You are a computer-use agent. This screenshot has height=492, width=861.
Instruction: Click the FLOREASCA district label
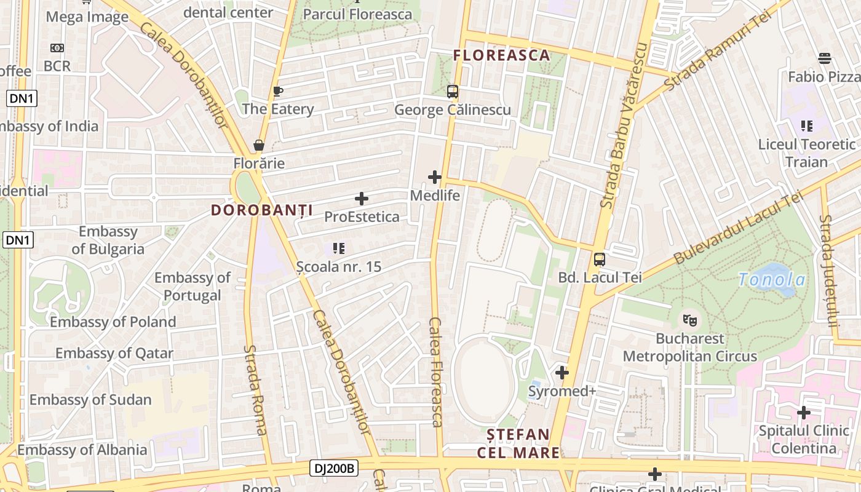click(501, 55)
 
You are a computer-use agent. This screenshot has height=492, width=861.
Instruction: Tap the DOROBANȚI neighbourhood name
click(262, 210)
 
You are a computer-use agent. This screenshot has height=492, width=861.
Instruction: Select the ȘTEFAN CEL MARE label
click(518, 443)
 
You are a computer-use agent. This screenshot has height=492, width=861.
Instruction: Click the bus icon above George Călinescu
click(453, 92)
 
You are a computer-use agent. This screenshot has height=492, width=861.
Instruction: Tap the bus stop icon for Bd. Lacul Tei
click(600, 260)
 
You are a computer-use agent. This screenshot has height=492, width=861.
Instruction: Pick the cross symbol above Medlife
click(435, 177)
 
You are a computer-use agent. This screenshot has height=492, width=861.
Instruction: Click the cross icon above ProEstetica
click(362, 199)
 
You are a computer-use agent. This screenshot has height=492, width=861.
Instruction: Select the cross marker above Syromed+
click(561, 373)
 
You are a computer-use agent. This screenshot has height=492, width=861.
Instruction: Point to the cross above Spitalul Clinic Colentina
click(803, 413)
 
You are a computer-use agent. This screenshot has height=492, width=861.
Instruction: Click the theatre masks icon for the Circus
click(690, 320)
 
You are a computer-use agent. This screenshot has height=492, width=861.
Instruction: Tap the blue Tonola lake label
click(772, 280)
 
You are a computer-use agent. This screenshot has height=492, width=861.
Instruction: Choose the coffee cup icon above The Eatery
click(278, 92)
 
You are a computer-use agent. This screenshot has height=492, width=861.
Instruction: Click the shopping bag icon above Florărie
click(259, 146)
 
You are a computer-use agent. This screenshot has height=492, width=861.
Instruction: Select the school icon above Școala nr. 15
click(338, 248)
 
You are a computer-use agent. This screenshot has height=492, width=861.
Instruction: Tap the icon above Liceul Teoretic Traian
click(807, 126)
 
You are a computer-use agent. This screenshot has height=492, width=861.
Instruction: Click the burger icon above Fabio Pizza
click(825, 58)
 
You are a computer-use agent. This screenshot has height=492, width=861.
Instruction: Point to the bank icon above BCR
click(57, 48)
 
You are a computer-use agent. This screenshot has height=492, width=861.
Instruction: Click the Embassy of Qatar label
click(114, 354)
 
